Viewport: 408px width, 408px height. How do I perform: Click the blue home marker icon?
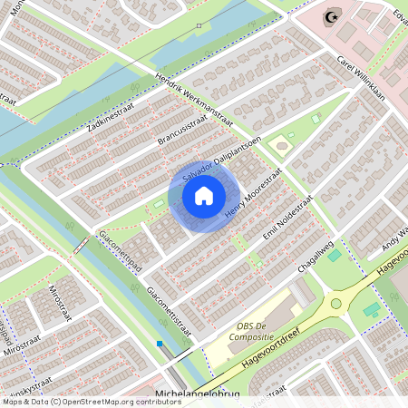(204, 195)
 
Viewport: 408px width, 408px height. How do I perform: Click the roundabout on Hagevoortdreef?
(336, 304)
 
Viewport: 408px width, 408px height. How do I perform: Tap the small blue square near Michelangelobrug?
(160, 344)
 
